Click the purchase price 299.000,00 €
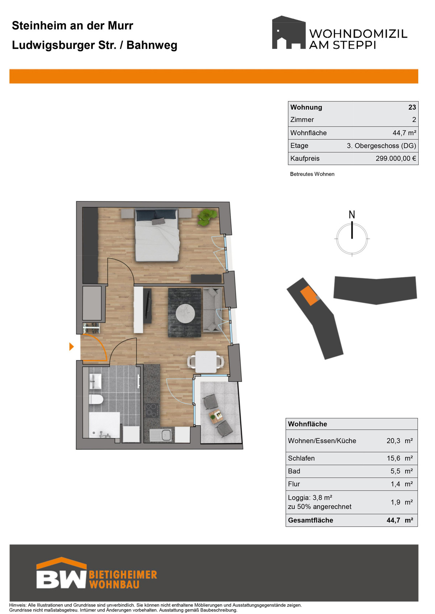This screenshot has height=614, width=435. pyautogui.click(x=395, y=159)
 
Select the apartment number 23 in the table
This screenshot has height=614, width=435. pyautogui.click(x=412, y=107)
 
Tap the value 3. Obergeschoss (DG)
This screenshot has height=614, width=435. pyautogui.click(x=381, y=146)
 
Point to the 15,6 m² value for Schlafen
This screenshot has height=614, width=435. pyautogui.click(x=399, y=458)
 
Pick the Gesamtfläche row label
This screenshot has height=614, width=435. pyautogui.click(x=310, y=520)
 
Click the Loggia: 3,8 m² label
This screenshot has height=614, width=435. pyautogui.click(x=310, y=497)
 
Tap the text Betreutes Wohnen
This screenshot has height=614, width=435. pyautogui.click(x=312, y=174)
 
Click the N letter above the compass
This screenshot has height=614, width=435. pyautogui.click(x=352, y=214)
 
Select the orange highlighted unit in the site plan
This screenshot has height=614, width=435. pyautogui.click(x=309, y=295)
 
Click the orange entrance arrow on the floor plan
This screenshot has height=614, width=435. pyautogui.click(x=72, y=346)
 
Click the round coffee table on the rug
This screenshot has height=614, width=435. pyautogui.click(x=185, y=312)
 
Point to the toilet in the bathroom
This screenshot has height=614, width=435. pyautogui.click(x=96, y=400)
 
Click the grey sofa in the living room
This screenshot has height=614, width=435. pyautogui.click(x=212, y=310)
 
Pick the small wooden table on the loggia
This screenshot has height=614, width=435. pyautogui.click(x=216, y=415)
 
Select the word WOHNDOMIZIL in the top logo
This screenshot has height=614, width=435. pyautogui.click(x=358, y=34)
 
